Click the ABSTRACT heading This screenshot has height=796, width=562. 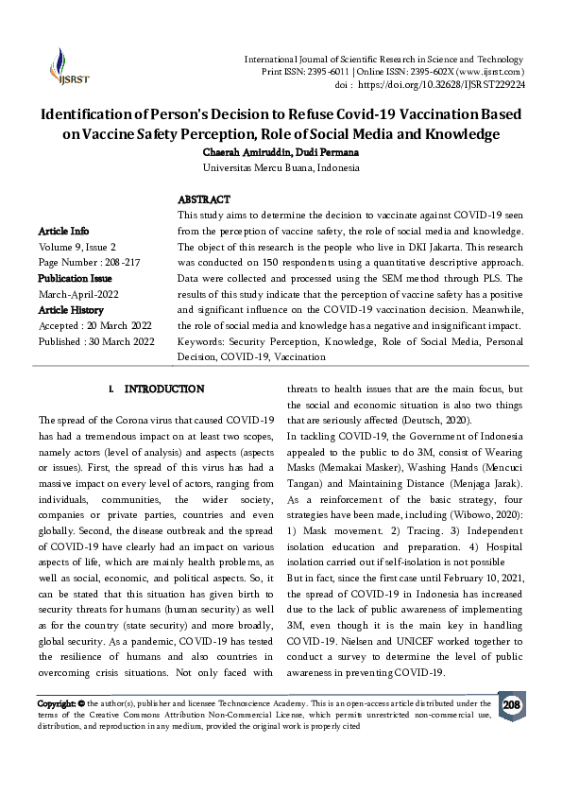(204, 200)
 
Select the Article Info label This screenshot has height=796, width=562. (64, 231)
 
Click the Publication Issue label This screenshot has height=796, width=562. (75, 279)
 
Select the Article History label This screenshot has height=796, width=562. (71, 310)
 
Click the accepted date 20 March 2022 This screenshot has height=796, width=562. (121, 326)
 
